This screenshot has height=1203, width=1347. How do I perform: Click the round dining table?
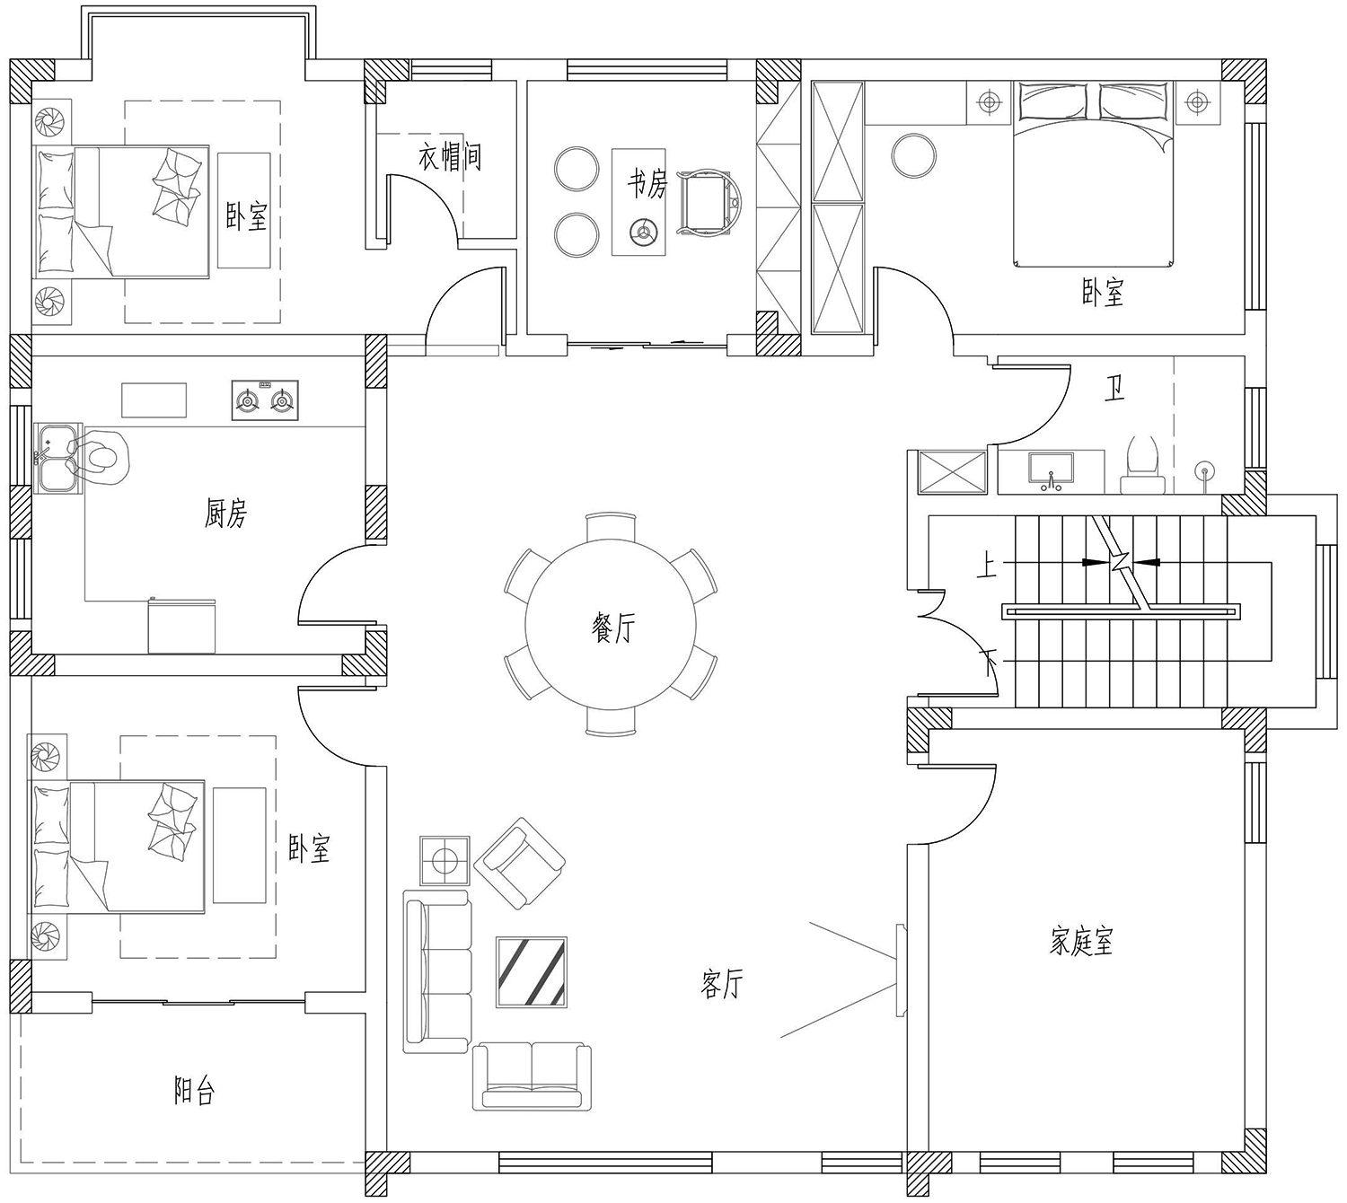[610, 625]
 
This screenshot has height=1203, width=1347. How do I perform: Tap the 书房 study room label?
[647, 183]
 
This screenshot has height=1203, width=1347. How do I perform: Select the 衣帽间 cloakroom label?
[449, 157]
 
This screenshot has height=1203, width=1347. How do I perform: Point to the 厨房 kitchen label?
[225, 514]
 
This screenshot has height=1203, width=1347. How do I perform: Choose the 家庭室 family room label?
[1080, 941]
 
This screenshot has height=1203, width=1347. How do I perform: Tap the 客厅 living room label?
[721, 984]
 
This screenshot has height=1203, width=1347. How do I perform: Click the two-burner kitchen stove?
[265, 400]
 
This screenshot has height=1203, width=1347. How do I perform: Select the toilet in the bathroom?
[1142, 464]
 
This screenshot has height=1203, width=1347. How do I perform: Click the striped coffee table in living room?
[532, 971]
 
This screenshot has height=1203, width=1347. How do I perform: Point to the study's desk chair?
[709, 204]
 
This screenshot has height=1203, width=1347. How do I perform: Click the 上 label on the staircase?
[987, 567]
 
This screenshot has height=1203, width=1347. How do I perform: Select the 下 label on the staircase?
[989, 663]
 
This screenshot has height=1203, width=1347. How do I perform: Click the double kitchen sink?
[57, 458]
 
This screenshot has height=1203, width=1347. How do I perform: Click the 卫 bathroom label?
[1114, 389]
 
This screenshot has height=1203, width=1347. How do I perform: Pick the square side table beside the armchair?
[445, 861]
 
